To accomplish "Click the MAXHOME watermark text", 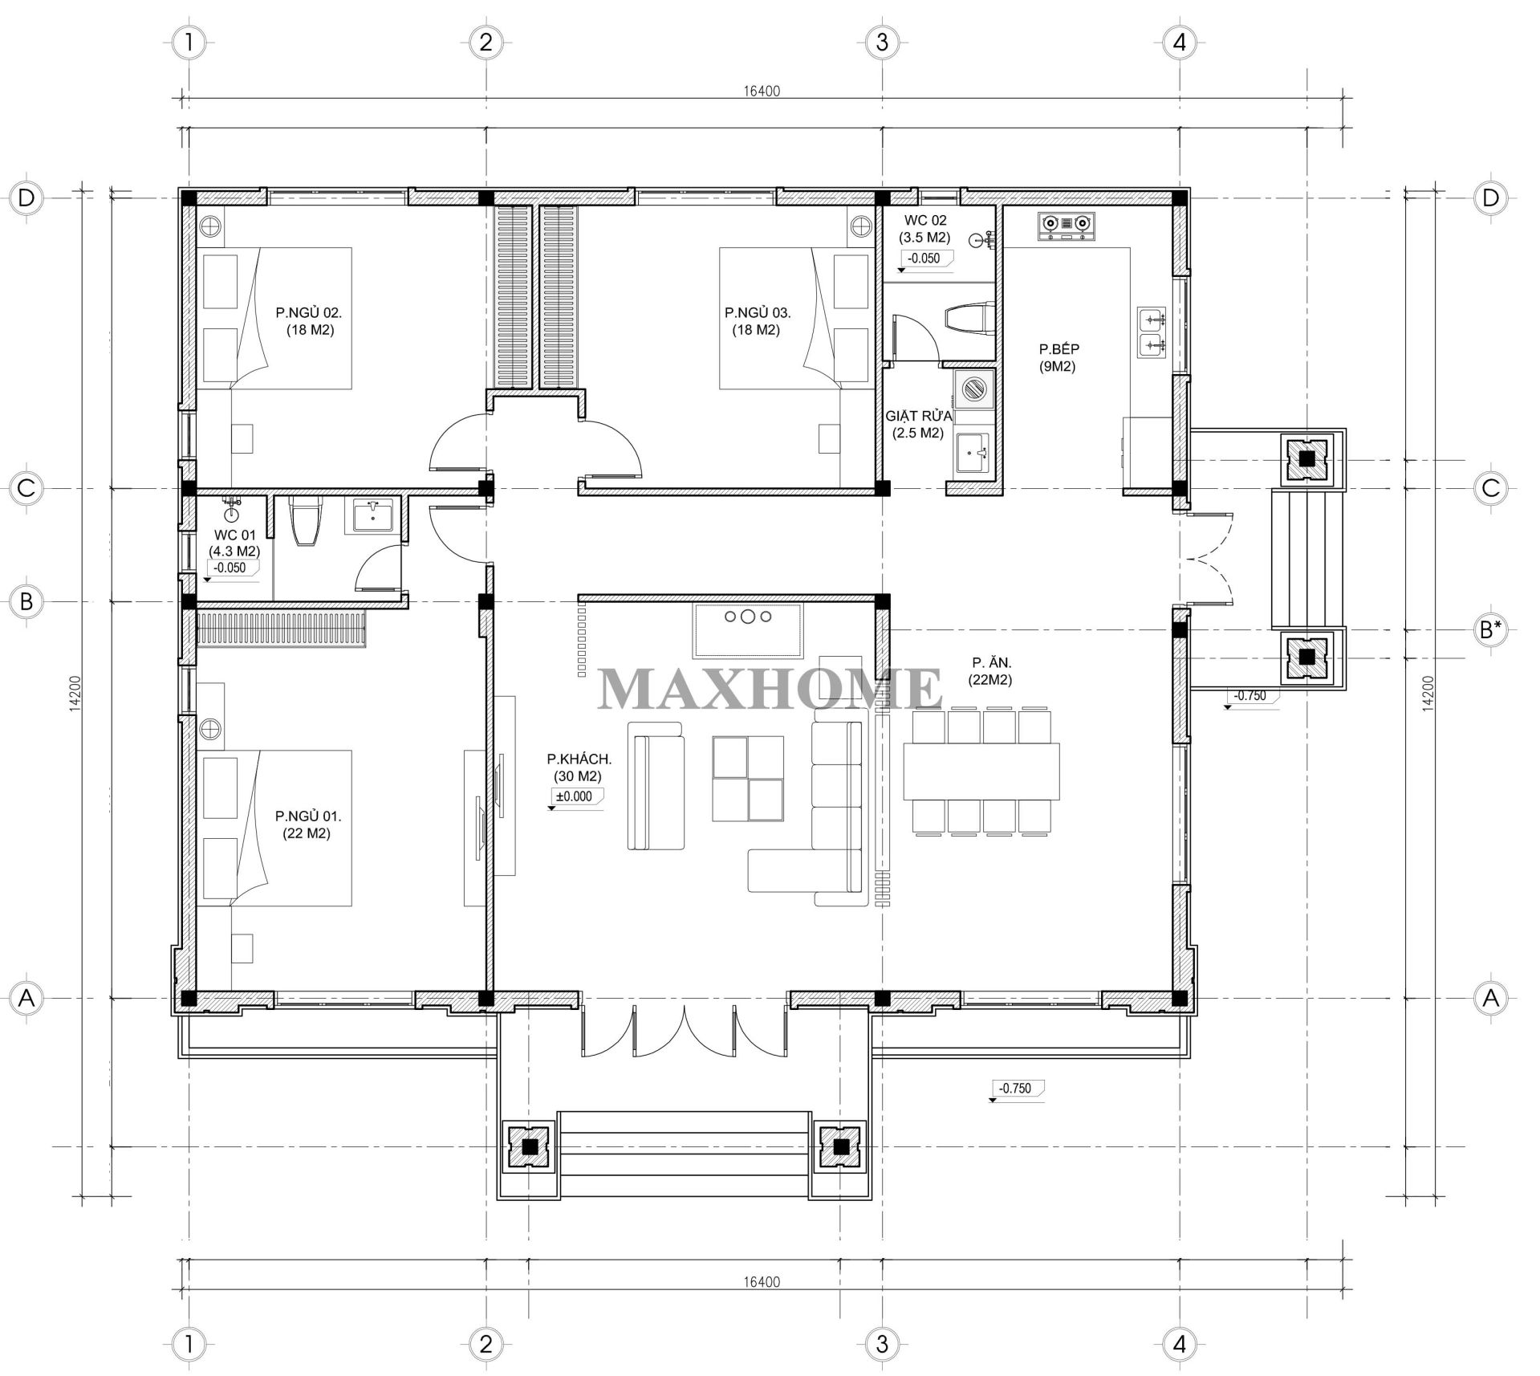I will (x=769, y=689).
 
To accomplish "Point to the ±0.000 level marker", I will (x=575, y=796).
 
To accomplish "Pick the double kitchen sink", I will (x=1152, y=332).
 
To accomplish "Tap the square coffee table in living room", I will (x=748, y=778).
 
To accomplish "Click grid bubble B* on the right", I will (x=1491, y=630).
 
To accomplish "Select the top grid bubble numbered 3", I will (x=882, y=42).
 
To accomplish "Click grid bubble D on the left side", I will (x=26, y=197).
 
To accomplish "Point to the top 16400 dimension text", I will (x=761, y=91).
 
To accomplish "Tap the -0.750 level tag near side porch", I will (x=1250, y=696).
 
